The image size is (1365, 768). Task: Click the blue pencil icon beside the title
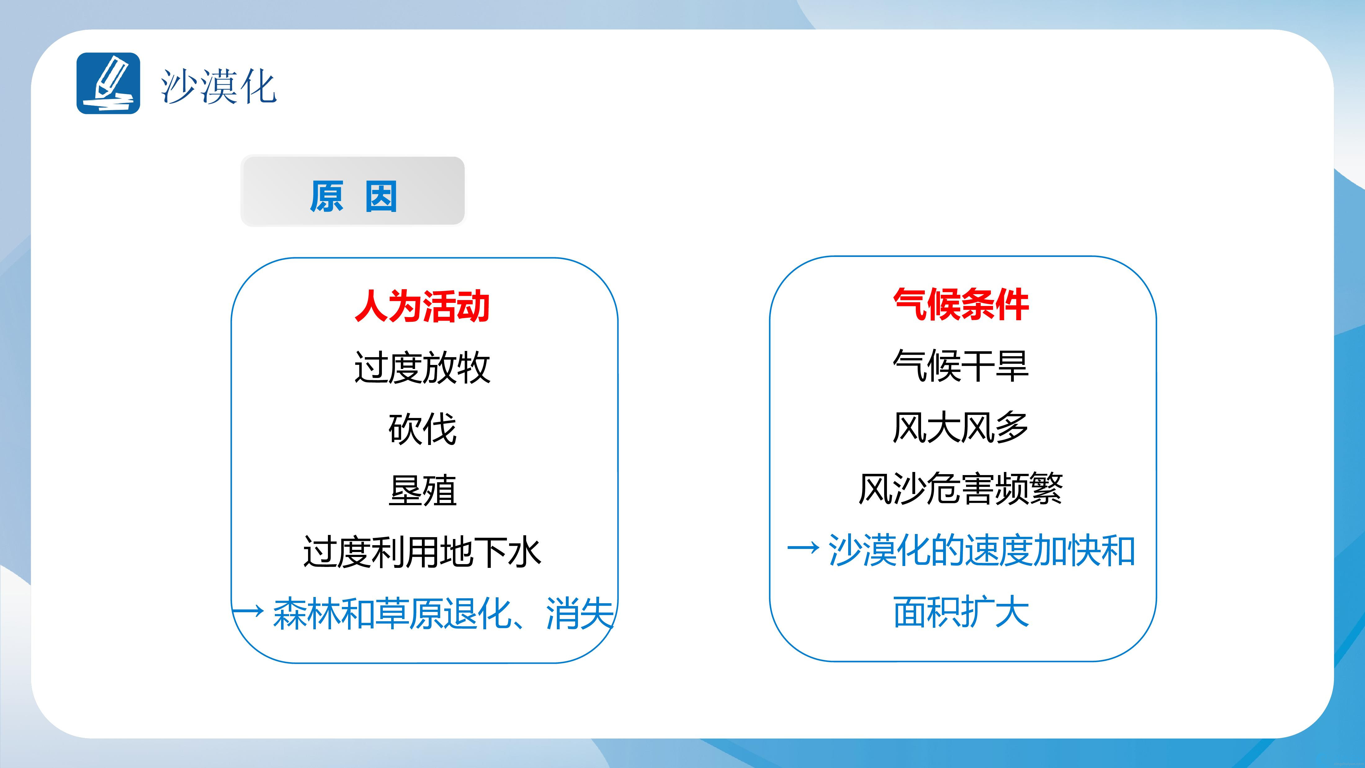coord(108,83)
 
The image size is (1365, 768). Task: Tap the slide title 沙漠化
coord(218,86)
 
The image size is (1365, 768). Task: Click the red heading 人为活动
coord(422,306)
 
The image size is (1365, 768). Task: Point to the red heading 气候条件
coord(961,305)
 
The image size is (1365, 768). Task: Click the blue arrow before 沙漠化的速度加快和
coord(803,549)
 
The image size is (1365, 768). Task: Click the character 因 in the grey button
coord(381,197)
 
